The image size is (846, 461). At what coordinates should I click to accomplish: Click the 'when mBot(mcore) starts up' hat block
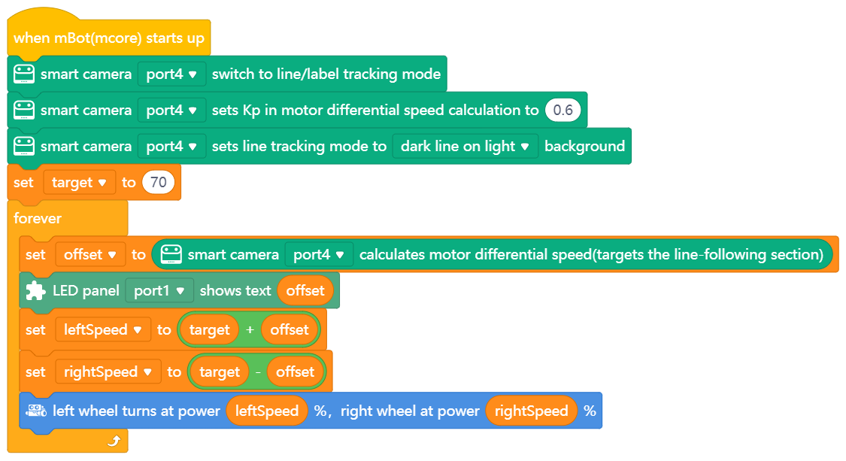pos(108,38)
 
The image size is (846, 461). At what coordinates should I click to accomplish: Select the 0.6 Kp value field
pos(562,111)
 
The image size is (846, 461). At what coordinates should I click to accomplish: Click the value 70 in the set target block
pos(158,183)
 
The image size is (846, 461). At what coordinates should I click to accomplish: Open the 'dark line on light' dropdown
pos(465,147)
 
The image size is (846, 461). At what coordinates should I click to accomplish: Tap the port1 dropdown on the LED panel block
pos(159,291)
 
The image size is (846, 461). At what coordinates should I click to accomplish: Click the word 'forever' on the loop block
pos(38,219)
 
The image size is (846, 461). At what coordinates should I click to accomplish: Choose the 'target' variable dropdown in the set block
pos(79,183)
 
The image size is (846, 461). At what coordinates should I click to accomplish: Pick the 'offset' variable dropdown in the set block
pos(89,255)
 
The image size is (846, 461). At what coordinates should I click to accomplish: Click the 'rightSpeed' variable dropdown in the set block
pos(108,372)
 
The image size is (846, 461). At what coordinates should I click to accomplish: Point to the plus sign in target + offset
pos(250,330)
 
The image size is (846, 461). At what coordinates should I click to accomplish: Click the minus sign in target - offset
pos(256,372)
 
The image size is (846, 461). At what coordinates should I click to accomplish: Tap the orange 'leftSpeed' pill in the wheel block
pos(267,411)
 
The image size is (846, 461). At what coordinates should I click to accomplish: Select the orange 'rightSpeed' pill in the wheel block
pos(531,411)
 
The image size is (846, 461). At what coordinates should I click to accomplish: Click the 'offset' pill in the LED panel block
pos(305,291)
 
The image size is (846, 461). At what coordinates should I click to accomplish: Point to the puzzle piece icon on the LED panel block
pos(35,291)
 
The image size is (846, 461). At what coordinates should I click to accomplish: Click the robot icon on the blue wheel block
pos(35,411)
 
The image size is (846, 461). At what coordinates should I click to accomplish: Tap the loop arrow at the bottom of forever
pos(114,441)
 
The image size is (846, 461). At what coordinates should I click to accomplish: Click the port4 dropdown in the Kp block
pos(171,111)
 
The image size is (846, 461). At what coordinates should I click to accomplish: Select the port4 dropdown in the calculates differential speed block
pos(319,255)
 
